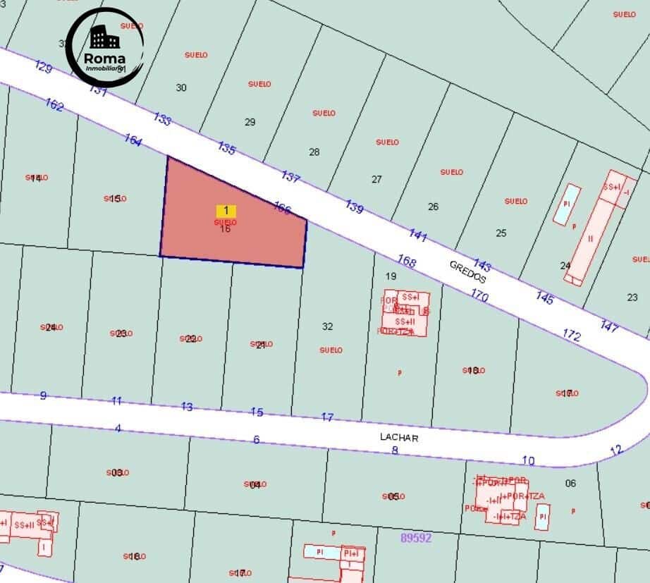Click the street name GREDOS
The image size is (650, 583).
[x=468, y=271]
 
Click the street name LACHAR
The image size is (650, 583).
[x=399, y=437]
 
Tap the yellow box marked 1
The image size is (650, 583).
[x=226, y=210]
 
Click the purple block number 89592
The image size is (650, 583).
[x=416, y=537]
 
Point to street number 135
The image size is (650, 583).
[x=226, y=149]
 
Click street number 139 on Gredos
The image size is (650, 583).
[x=355, y=207]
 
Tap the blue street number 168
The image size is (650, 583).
[x=407, y=262]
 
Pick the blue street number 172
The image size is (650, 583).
[x=572, y=335]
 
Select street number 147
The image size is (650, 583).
[x=610, y=326]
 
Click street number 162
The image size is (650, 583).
[x=54, y=105]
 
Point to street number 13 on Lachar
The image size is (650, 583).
[x=187, y=406]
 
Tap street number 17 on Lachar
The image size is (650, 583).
[x=327, y=417]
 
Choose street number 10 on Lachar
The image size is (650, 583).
[x=528, y=460]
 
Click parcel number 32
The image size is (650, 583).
[x=327, y=326]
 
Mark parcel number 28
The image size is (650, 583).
[x=314, y=152]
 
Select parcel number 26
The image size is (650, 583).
[x=433, y=207]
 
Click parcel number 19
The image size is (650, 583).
[x=391, y=276]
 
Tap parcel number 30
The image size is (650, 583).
[x=181, y=87]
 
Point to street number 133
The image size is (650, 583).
[x=162, y=119]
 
